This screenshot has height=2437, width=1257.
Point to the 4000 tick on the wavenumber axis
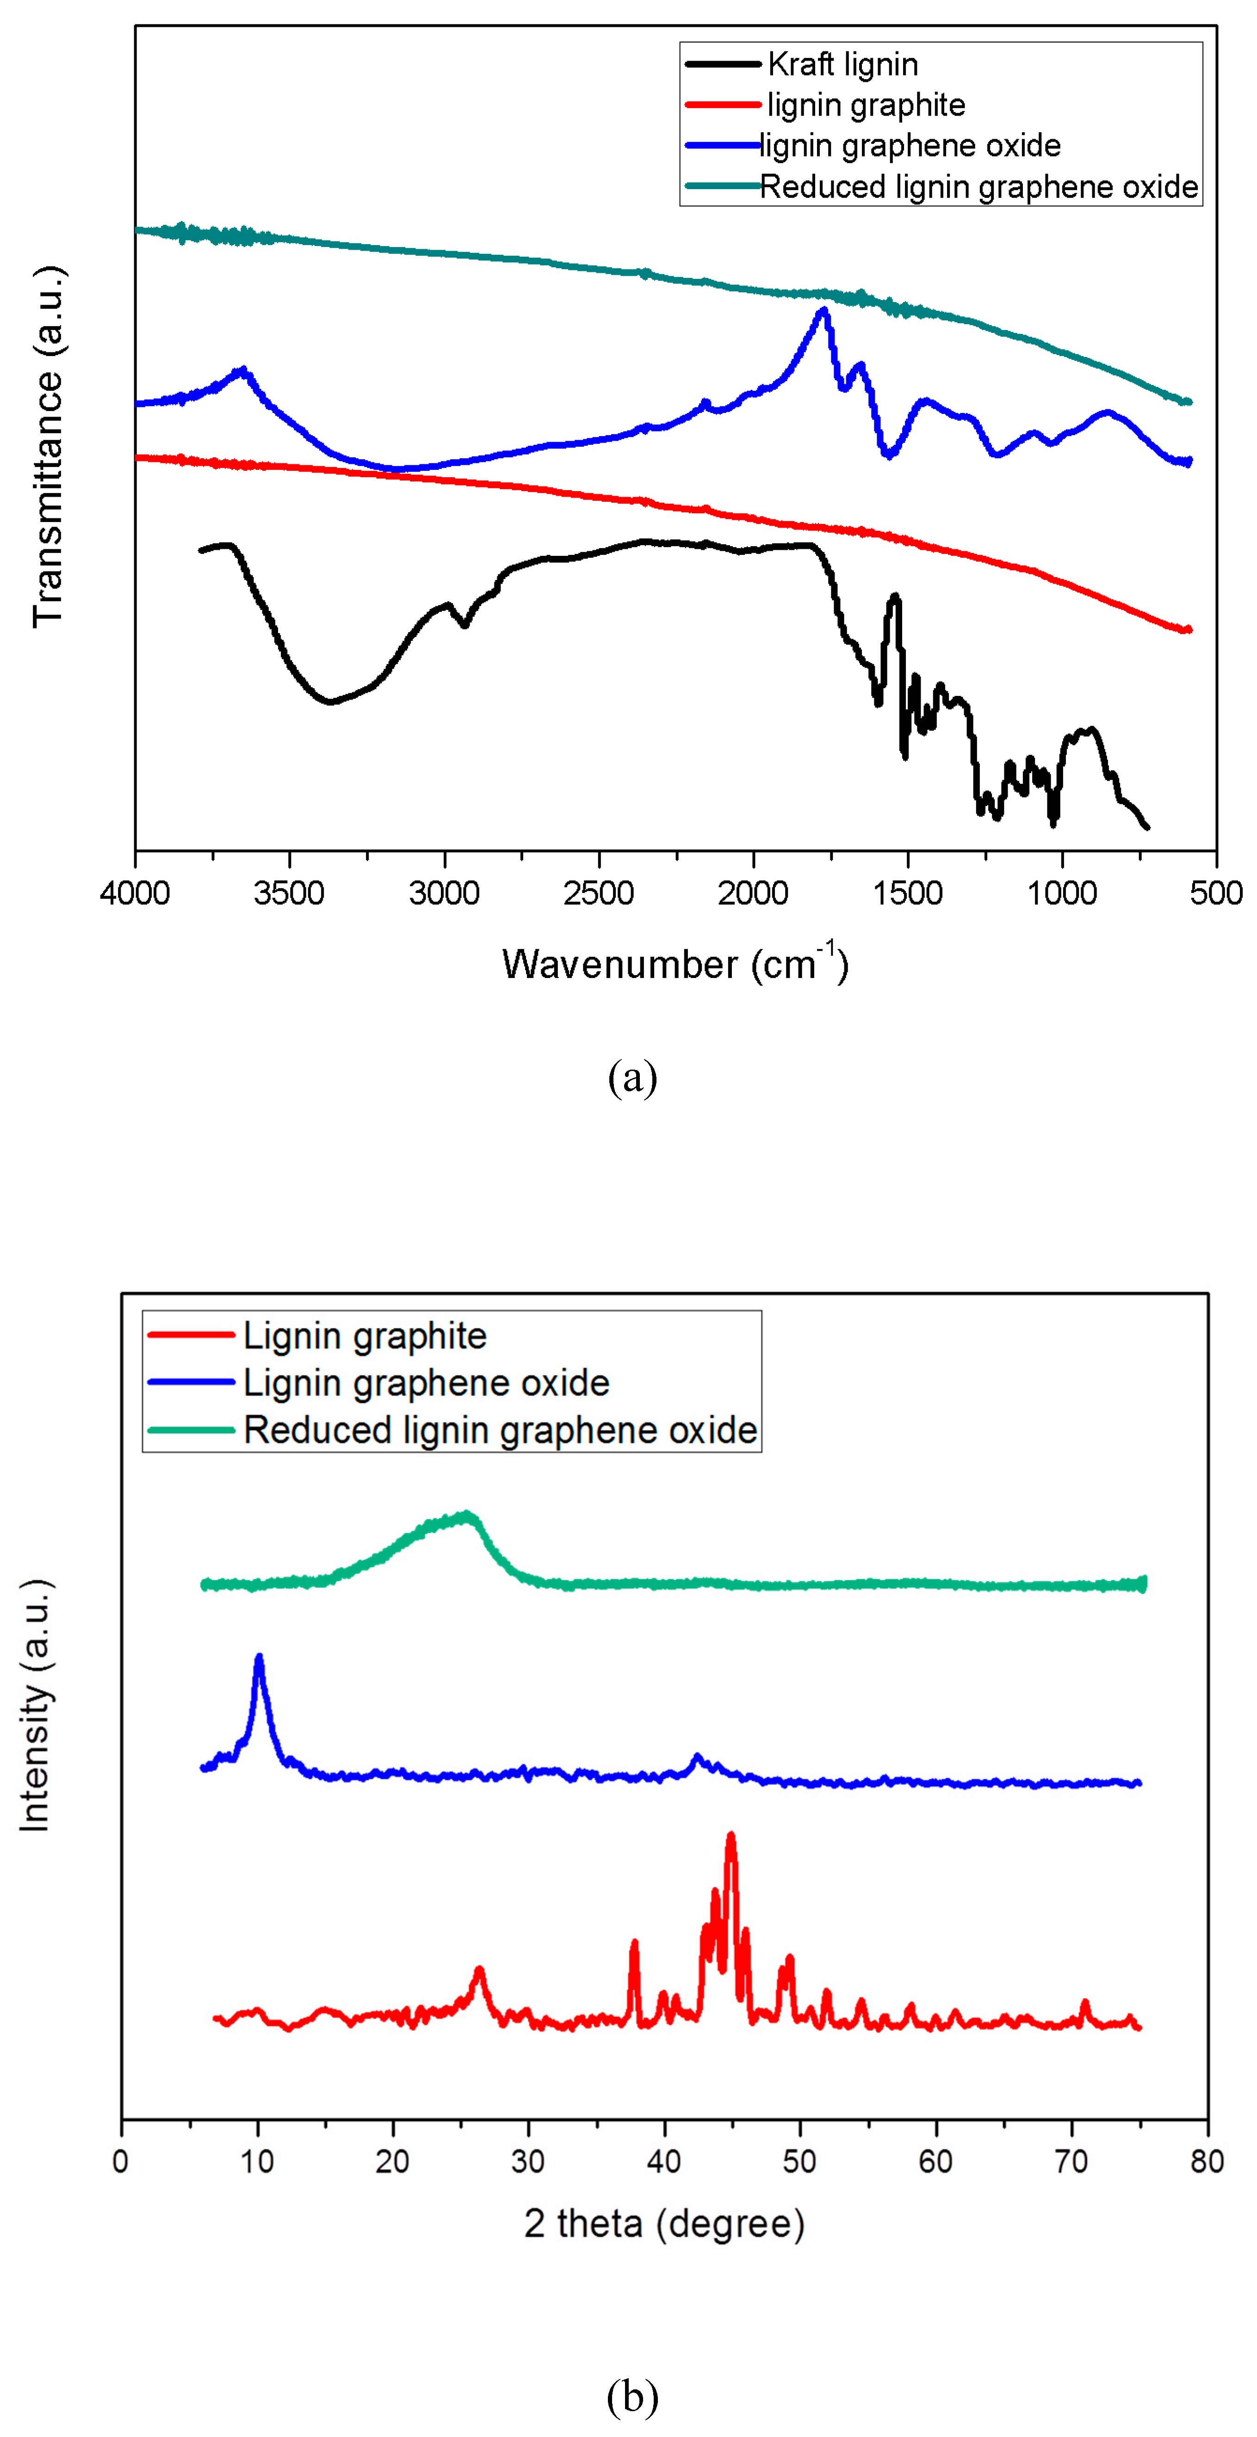click(136, 892)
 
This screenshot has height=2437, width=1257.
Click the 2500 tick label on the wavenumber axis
click(598, 892)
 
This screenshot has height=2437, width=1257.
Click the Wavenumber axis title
click(675, 963)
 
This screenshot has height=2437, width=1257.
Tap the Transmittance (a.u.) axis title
click(47, 447)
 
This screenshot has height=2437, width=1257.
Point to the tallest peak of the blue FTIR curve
click(824, 310)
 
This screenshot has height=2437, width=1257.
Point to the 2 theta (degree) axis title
click(664, 2223)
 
